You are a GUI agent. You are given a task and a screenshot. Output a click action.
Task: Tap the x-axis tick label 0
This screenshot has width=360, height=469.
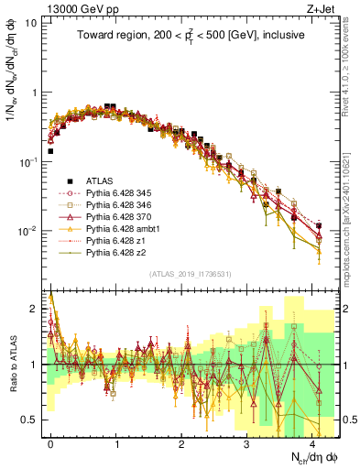(50, 442)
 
